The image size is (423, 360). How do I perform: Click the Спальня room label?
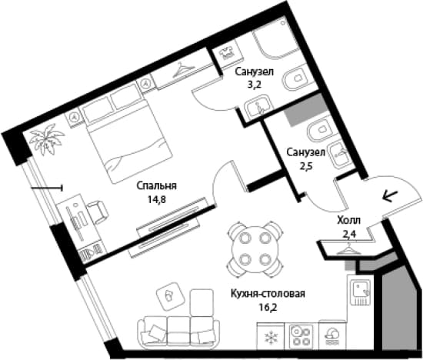coord(156,186)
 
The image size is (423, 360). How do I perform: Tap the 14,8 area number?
coord(156,199)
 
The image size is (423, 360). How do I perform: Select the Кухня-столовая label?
coord(268,294)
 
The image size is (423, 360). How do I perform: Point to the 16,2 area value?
coord(268,307)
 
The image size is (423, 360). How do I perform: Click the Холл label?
coord(348,221)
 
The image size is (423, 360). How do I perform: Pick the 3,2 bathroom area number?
coord(255,85)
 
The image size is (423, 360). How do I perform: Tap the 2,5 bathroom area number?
coord(305,165)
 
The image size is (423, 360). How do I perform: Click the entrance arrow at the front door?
coord(390,196)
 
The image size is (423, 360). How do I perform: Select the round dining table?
coord(255,250)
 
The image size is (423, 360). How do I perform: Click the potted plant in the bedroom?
coord(47,139)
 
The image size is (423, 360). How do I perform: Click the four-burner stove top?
coord(301,336)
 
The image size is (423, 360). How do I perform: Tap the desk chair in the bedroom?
coord(98,212)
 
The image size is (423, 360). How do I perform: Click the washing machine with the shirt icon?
coord(228,53)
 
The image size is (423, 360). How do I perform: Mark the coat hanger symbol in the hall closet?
coord(348,248)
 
